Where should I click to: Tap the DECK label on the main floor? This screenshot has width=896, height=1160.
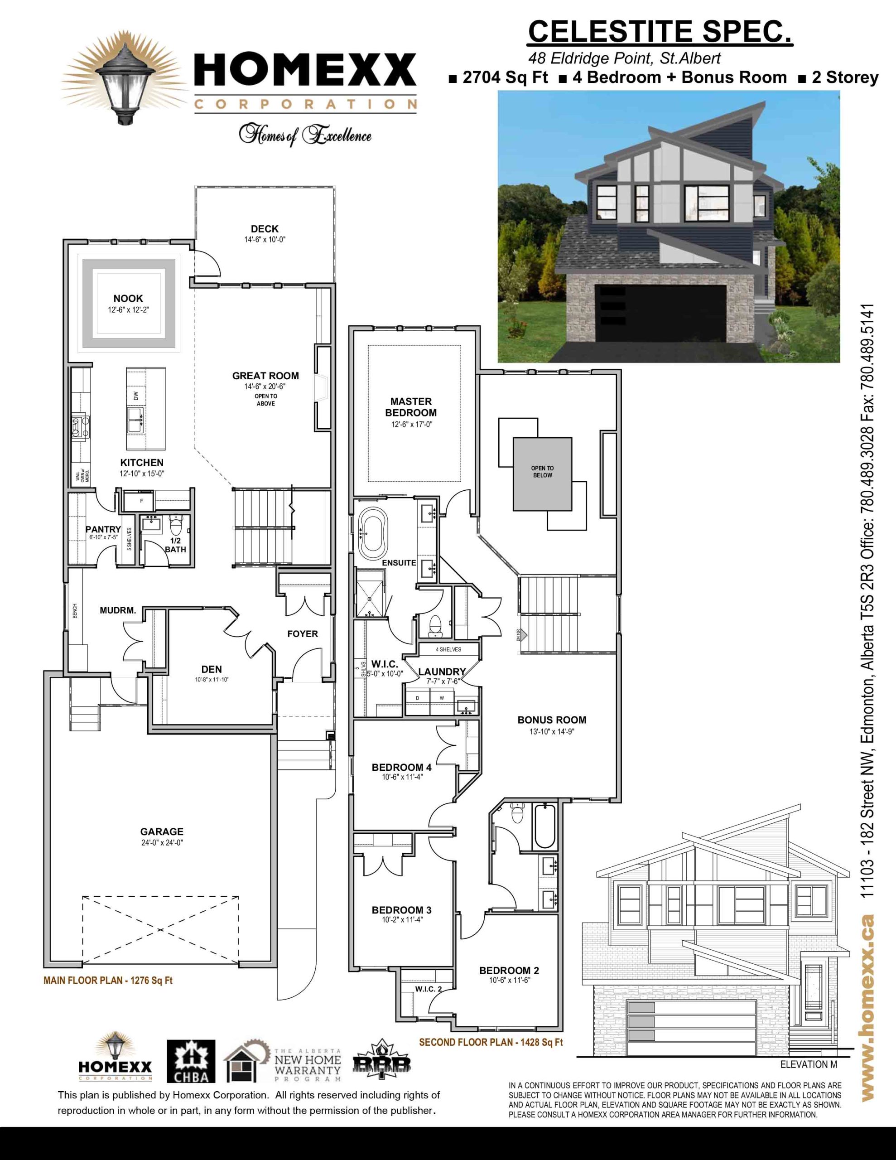point(265,229)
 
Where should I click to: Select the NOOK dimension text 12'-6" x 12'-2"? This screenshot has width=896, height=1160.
point(128,309)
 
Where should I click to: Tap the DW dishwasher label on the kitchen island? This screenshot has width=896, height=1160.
point(136,396)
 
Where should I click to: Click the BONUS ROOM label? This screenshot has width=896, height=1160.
point(552,720)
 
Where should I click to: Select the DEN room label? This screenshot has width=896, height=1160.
point(212,669)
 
